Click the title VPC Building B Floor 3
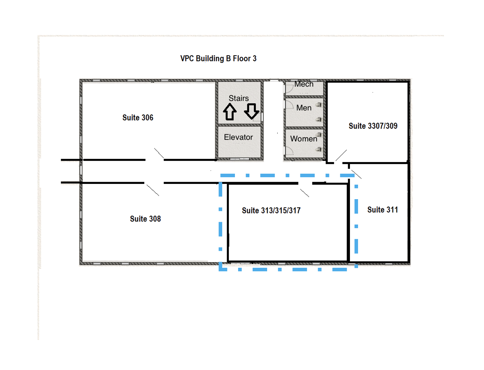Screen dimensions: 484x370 coord(218,58)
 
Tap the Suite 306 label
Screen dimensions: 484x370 coord(138,117)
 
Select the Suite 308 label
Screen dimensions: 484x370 coord(145,219)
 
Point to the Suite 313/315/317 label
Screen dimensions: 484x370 coord(271,210)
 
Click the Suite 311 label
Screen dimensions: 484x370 coord(382,209)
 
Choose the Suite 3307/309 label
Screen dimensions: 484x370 coord(373,126)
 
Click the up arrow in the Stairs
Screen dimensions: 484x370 coord(230,112)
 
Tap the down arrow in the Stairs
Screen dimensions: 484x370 coord(251,111)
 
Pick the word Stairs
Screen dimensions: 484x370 coord(238,98)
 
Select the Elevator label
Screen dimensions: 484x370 coord(238,137)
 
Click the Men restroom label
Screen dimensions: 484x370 coord(304,108)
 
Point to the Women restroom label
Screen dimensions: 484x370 coord(304,139)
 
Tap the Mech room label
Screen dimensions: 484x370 coord(304,84)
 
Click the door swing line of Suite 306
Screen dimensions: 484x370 coord(159,153)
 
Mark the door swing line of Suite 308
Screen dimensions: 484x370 coord(153,190)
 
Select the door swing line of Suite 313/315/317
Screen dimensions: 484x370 coord(305,193)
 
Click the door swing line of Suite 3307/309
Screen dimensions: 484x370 coord(341,155)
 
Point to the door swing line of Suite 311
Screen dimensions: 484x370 coord(356,174)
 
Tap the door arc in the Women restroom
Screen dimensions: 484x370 coord(289,151)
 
